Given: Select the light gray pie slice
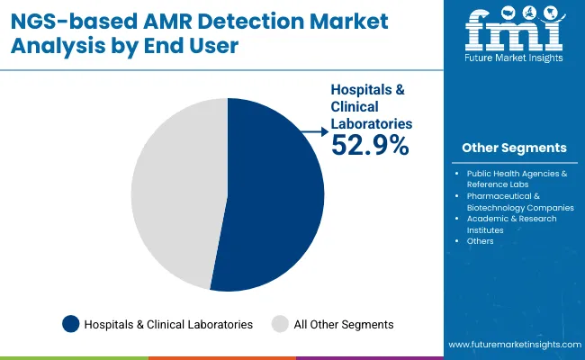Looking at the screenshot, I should (x=175, y=193).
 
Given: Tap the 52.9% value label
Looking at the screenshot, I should (x=370, y=144).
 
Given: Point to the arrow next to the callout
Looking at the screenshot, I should (x=314, y=133).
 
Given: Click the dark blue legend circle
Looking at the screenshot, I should (x=70, y=324).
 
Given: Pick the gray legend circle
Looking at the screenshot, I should (x=280, y=324).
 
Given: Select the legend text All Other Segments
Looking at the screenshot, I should (x=345, y=324).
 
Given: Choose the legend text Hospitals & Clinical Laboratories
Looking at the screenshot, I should (x=168, y=324).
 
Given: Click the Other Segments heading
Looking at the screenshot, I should (x=514, y=148).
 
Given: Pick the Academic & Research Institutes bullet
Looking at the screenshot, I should (x=511, y=224).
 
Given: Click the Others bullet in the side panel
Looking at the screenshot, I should (x=480, y=241).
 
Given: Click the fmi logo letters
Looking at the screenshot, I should (x=514, y=35).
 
